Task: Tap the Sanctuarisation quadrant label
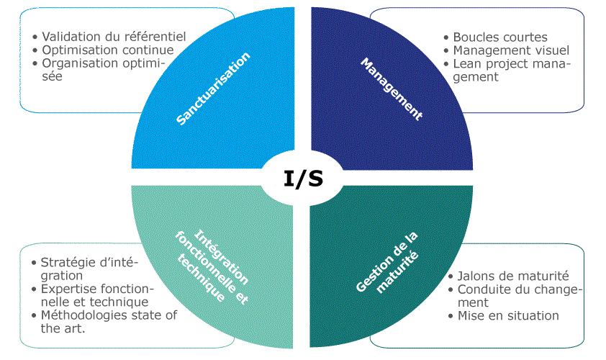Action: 214,89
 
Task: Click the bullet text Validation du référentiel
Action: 114,36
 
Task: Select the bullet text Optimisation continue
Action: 108,50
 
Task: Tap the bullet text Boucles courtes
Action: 499,37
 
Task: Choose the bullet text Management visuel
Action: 511,50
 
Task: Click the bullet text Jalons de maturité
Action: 513,276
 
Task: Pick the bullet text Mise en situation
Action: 508,315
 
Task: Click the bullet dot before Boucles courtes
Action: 446,37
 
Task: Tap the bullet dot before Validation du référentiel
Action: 35,37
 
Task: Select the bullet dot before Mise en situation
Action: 451,316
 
